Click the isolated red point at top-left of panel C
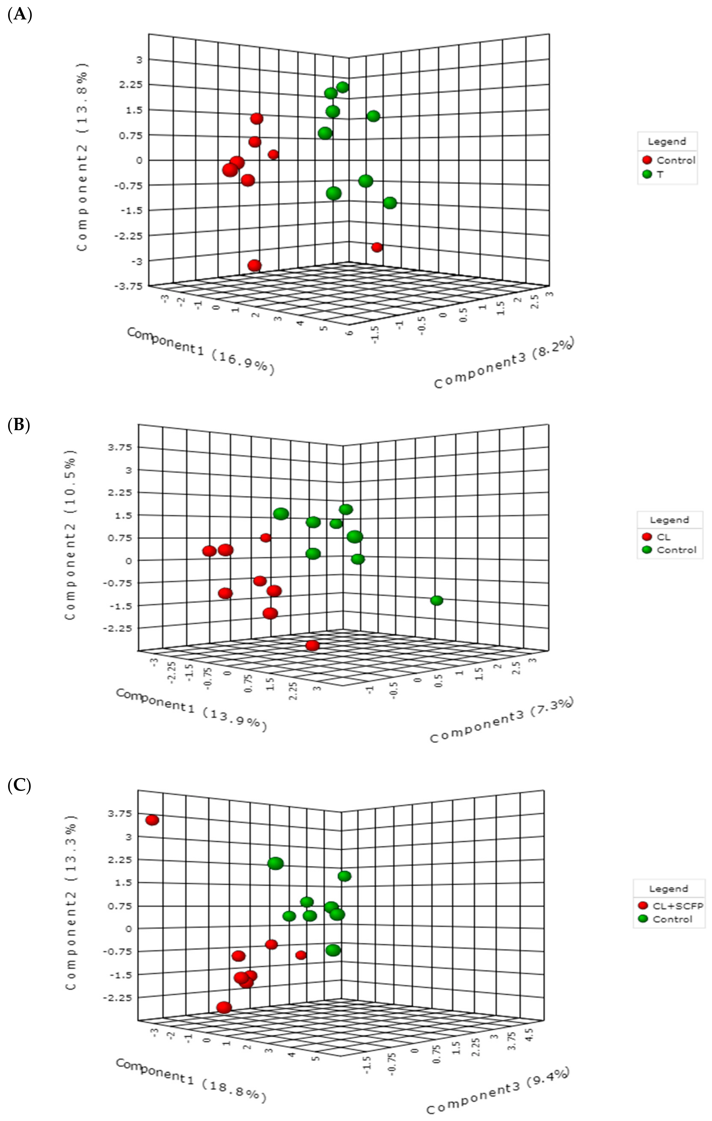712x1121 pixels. pos(152,820)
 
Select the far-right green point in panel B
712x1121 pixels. pos(436,601)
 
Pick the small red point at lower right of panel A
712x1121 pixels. pos(377,247)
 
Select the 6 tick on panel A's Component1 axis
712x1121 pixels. pos(349,332)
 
